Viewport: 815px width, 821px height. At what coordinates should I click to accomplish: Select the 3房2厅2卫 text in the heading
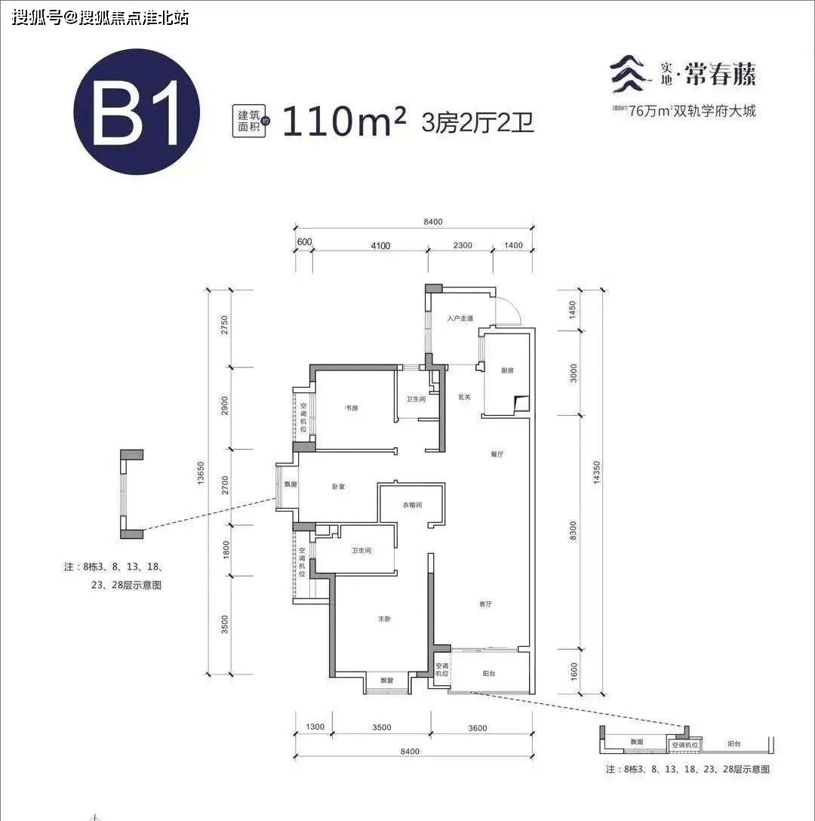(x=478, y=122)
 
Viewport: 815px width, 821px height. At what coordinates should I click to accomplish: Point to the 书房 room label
(x=351, y=408)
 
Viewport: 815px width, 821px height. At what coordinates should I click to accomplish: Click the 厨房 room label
(x=507, y=371)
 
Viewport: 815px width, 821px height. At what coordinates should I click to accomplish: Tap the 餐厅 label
(x=497, y=454)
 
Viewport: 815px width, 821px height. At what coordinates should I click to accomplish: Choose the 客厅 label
(x=485, y=604)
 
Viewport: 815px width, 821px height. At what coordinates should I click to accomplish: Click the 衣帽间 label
(x=411, y=505)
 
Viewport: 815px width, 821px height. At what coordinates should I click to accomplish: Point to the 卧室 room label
(x=337, y=487)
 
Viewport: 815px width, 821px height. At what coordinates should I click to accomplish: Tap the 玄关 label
(x=464, y=397)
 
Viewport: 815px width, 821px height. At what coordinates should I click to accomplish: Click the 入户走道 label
(x=459, y=318)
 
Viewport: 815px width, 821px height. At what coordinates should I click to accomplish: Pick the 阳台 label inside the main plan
(x=489, y=675)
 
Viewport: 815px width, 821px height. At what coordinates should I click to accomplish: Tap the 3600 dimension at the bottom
(x=477, y=728)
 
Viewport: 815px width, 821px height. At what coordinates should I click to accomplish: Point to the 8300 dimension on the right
(x=574, y=531)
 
